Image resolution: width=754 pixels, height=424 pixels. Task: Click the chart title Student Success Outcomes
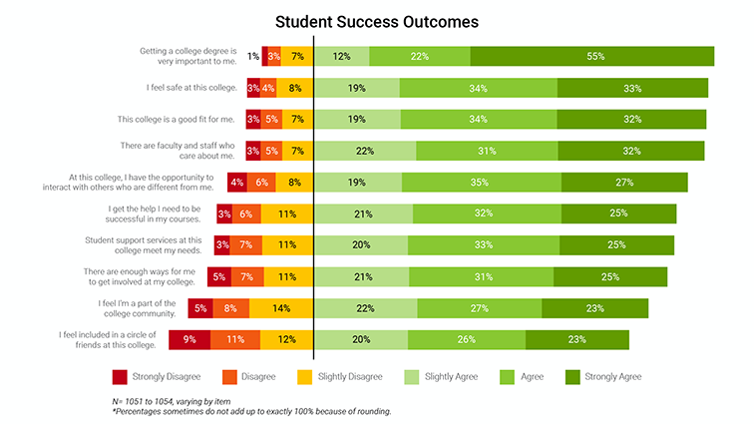[376, 21]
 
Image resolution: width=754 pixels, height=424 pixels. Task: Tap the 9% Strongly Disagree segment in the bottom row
[189, 340]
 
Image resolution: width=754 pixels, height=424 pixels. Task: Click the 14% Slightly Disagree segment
[281, 308]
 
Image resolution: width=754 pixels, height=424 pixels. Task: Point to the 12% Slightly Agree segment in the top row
[342, 57]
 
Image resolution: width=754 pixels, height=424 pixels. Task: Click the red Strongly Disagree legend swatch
[120, 376]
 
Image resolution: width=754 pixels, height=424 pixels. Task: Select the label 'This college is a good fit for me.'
[177, 120]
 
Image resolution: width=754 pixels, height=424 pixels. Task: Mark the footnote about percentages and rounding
[251, 411]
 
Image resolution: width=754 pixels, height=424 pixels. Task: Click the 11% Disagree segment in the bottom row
[235, 340]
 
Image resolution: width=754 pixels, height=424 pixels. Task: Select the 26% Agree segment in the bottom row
[466, 340]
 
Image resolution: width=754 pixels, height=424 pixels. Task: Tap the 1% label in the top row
[253, 57]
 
